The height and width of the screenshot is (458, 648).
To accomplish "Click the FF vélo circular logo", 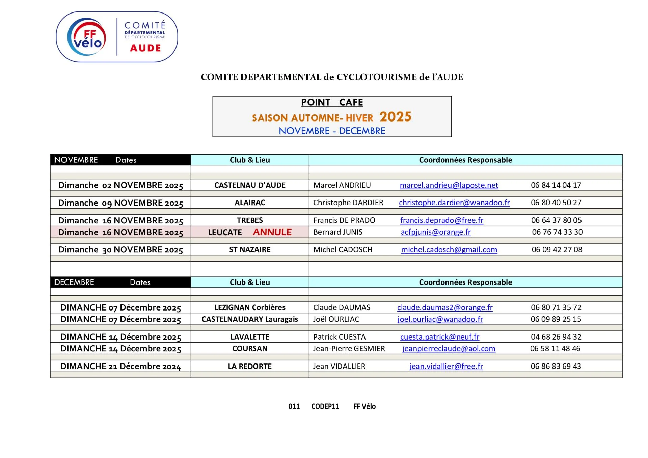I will coord(87,37).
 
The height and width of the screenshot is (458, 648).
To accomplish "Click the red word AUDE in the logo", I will coord(145,48).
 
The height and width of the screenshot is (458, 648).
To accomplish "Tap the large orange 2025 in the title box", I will coord(395,117).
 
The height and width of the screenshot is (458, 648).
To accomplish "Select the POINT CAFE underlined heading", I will coord(332,102).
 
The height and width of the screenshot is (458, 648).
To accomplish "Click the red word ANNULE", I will coord(272,232).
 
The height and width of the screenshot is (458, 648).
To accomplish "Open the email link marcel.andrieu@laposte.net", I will coord(449,185).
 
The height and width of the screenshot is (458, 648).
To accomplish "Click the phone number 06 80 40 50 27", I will coord(556,203).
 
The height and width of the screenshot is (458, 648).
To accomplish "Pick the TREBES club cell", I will coord(250,220).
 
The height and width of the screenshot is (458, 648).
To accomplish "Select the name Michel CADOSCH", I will coord(343,250).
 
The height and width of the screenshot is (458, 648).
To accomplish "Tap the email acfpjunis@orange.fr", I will coord(435,232).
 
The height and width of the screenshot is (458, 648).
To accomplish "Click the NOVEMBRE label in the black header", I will coord(76,160).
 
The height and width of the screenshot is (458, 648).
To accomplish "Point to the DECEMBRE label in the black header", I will coord(74,282).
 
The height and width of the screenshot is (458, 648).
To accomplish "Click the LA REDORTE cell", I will coord(250,366).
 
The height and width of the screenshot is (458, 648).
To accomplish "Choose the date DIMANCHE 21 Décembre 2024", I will coord(120,366).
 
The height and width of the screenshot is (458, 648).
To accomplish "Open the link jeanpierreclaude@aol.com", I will coord(449,349).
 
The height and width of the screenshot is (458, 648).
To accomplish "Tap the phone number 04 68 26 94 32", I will coord(556,337).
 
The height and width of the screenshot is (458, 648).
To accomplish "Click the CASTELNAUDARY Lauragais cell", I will coord(250,319).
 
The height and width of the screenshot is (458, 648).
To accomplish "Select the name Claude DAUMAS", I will coord(342,307).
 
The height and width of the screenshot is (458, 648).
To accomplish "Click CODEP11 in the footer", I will coord(325,406).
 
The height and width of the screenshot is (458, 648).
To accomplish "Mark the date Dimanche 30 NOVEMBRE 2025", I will coord(120,250).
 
